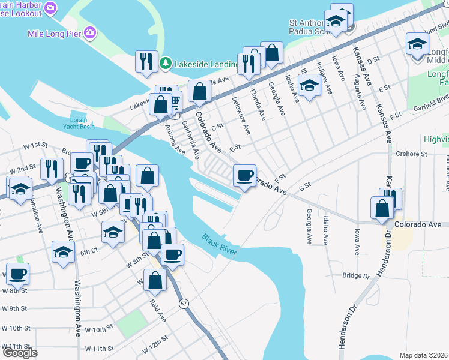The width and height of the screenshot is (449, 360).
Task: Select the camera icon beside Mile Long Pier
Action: click(91, 32)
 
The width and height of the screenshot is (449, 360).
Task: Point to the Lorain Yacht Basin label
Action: click(79, 123)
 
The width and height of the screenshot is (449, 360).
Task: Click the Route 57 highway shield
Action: click(184, 305)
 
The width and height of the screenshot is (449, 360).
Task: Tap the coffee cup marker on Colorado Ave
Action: click(244, 175)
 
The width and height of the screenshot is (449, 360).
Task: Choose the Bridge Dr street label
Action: click(356, 275)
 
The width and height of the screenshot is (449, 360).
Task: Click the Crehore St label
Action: click(411, 154)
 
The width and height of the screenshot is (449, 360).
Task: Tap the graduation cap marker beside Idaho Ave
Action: click(309, 85)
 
